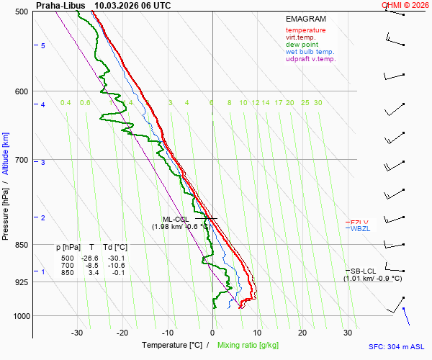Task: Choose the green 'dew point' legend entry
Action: [302, 45]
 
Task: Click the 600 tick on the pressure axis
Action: [21, 91]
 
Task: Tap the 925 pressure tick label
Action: [21, 282]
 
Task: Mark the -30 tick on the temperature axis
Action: [78, 333]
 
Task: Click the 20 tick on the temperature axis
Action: [302, 333]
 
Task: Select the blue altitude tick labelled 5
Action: [43, 45]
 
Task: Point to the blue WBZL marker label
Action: [359, 229]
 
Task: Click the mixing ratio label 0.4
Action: [66, 103]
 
